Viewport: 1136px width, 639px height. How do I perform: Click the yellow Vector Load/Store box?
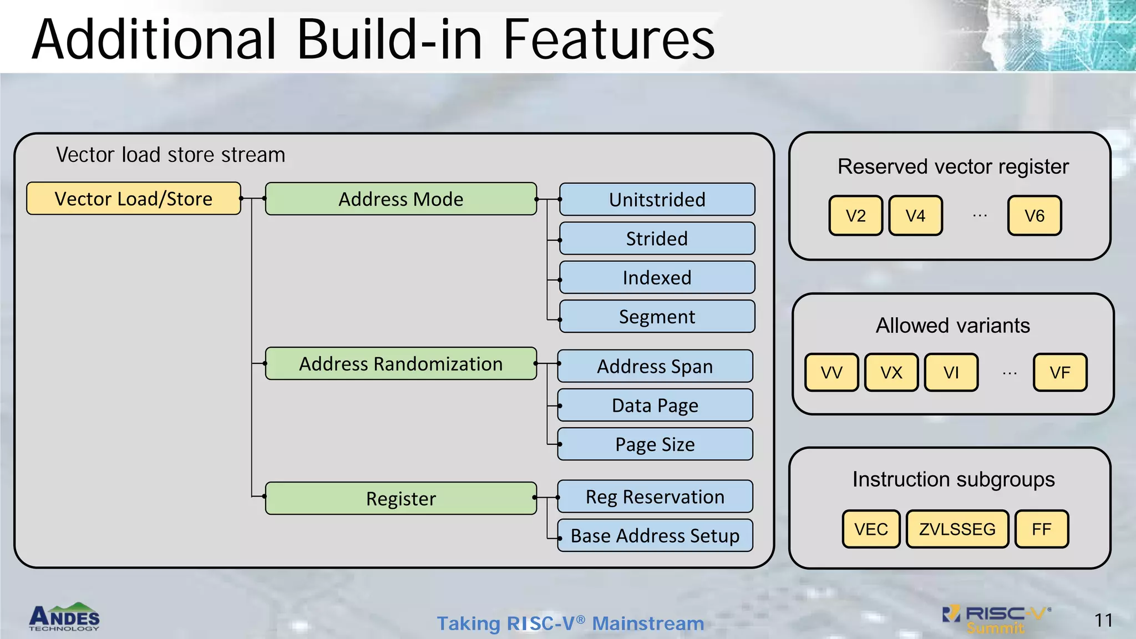[x=134, y=199]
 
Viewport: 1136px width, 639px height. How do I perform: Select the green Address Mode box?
[x=400, y=199]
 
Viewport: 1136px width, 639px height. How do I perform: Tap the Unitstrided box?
[x=657, y=200]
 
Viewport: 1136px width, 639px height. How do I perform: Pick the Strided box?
[x=657, y=239]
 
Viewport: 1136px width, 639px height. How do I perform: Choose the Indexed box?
[x=657, y=277]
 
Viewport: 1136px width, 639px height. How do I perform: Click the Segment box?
[x=657, y=317]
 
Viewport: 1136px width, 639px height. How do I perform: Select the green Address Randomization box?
[x=400, y=364]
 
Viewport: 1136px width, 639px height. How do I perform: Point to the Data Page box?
[x=655, y=405]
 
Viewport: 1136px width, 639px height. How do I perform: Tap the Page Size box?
[x=655, y=444]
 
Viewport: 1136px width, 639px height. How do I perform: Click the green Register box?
[x=400, y=499]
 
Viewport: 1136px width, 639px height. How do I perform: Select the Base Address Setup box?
[x=655, y=536]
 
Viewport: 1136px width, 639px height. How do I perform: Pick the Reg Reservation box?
[x=655, y=497]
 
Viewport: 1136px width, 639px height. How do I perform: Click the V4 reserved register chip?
[x=915, y=216]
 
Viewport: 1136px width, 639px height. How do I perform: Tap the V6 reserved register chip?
[x=1034, y=216]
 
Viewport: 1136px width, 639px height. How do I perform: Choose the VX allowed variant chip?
[x=891, y=373]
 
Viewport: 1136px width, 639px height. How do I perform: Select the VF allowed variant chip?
[x=1059, y=373]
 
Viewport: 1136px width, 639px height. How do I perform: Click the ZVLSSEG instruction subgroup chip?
[x=957, y=529]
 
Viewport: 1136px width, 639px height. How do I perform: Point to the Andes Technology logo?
[x=64, y=617]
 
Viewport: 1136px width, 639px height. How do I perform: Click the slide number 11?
[x=1103, y=620]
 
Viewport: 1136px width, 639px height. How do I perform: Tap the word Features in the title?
[x=608, y=40]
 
